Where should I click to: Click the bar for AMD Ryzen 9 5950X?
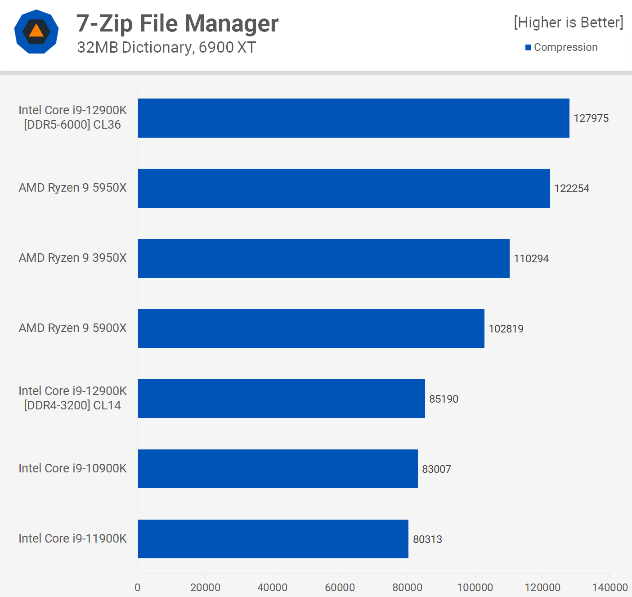point(344,188)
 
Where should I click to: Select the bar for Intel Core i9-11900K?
point(273,539)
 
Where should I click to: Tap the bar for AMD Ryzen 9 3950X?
point(323,258)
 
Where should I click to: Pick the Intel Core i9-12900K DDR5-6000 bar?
point(354,118)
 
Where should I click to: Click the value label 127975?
point(591,118)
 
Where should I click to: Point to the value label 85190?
point(444,399)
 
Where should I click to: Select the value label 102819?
point(506,329)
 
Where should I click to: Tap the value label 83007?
point(436,469)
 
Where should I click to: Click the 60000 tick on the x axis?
point(340,587)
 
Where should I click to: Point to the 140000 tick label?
point(610,587)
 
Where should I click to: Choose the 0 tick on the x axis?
point(138,587)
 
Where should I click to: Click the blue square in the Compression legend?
point(528,47)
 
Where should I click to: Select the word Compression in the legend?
point(565,47)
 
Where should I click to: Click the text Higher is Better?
point(568,22)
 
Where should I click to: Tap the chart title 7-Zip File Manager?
point(177,23)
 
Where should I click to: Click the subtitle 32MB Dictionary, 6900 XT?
point(166,47)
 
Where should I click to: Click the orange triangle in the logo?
point(36,31)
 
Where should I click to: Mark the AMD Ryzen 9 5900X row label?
point(72,328)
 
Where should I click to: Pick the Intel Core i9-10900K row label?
point(72,468)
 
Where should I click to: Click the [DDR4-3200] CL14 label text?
point(72,405)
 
